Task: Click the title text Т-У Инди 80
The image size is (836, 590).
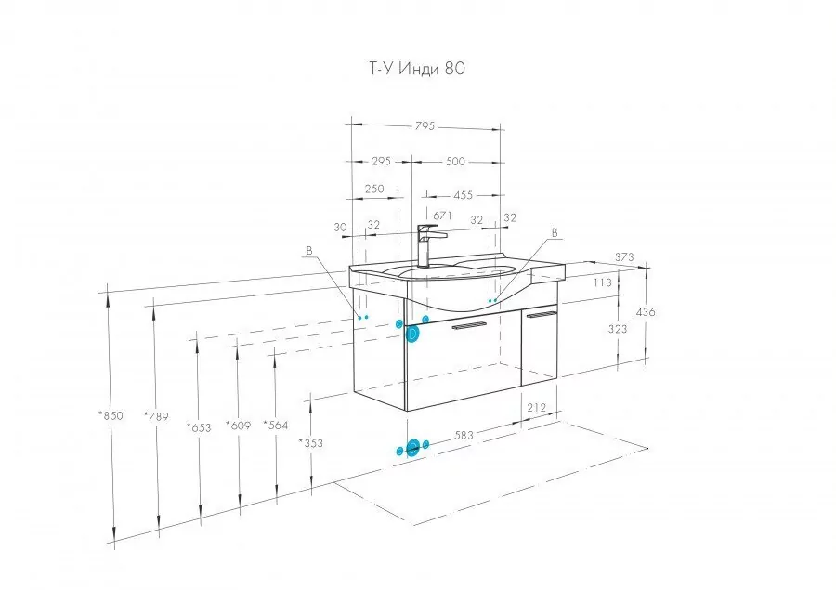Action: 417,68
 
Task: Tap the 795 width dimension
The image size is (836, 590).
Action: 425,126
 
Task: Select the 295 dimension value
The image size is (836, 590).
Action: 381,161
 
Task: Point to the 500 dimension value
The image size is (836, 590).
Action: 455,161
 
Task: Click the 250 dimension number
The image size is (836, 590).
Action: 374,189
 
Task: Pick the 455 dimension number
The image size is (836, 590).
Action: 463,195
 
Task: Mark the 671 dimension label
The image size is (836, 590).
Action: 442,216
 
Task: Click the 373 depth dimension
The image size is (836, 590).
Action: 624,257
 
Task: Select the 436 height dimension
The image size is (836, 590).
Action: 646,312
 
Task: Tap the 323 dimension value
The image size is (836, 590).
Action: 618,329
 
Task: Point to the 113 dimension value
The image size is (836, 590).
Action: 603,282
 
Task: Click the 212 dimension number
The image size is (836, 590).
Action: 536,408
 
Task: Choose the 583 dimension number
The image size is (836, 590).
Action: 464,435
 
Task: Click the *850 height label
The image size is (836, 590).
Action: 111,415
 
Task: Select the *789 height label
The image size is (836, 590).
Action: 156,415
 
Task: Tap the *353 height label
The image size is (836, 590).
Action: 311,442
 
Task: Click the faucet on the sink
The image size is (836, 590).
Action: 426,245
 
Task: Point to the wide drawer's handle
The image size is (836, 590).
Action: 470,326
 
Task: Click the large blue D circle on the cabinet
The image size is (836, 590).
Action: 412,334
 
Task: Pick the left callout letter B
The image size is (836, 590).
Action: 309,250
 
